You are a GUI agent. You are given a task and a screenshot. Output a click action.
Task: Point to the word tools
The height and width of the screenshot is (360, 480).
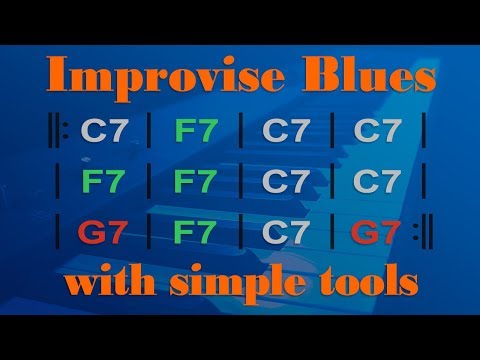click(365, 283)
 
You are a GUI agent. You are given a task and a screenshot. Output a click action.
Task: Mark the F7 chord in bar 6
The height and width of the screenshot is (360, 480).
click(195, 183)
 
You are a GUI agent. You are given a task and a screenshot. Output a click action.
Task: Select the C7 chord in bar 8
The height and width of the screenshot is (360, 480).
click(376, 183)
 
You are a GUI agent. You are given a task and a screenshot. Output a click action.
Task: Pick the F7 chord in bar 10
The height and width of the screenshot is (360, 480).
click(195, 234)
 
